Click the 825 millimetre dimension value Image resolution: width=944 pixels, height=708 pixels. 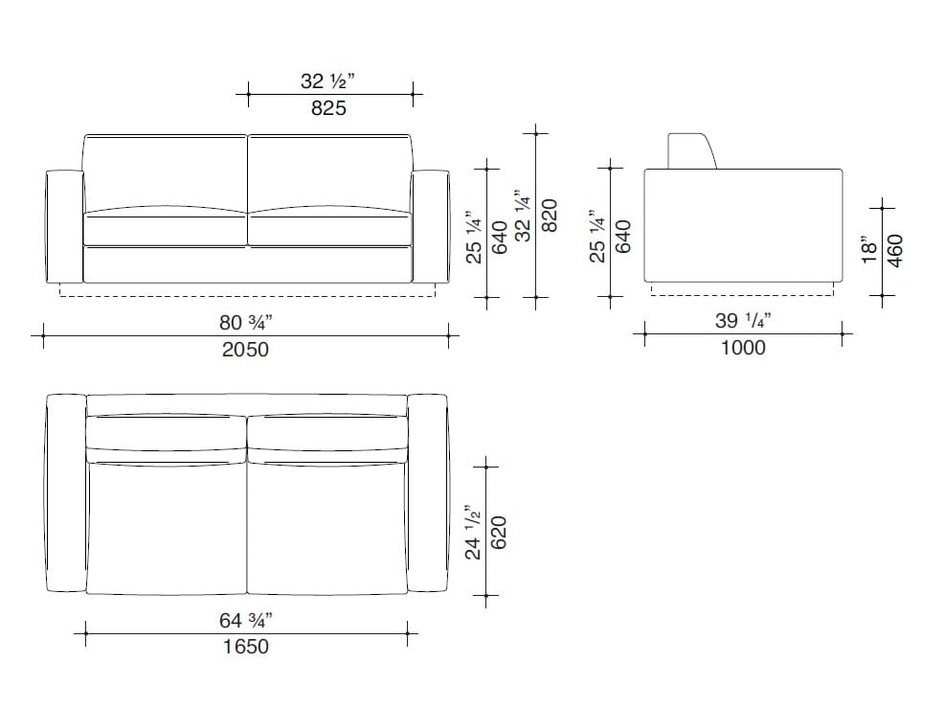coord(328,108)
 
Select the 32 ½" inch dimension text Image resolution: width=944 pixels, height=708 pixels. coord(328,81)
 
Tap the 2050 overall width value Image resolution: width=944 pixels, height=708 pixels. coord(245,350)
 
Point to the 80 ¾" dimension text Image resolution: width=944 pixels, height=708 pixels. coord(245,323)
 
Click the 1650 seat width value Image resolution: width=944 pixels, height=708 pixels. coord(245,647)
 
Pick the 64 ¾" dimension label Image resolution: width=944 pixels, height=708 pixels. coord(245,620)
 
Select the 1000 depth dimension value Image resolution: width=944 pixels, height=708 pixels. coord(742,348)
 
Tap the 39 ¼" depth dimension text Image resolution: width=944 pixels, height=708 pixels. coord(743,321)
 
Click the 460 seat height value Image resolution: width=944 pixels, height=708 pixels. coord(896,250)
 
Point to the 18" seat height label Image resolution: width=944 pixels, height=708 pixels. coord(868,250)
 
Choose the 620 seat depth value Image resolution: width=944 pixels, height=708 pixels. coord(498,532)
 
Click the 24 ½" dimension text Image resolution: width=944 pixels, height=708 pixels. coord(471,532)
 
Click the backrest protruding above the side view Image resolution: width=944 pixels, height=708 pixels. coord(689,151)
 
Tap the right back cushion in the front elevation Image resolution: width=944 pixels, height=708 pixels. coord(330,172)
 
